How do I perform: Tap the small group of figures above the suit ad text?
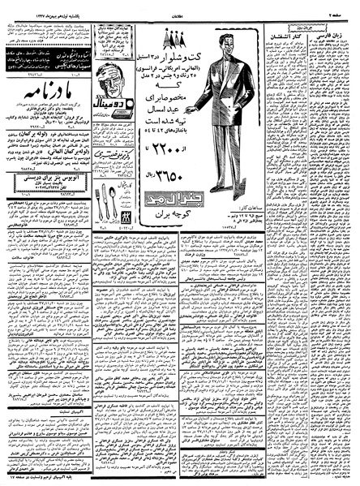(x=171, y=35)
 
